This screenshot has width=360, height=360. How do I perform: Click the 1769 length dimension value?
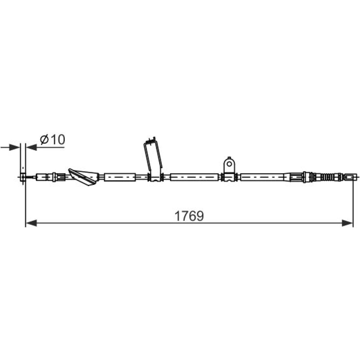(x=189, y=216)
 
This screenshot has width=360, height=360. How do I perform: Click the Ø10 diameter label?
(x=53, y=139)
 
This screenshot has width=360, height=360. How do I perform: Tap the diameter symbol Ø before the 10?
(x=44, y=140)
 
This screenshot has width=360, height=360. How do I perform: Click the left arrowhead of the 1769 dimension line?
(x=31, y=223)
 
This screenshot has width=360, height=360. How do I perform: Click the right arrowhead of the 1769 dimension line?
(x=347, y=223)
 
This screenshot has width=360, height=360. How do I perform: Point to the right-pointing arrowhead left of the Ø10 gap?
(x=14, y=147)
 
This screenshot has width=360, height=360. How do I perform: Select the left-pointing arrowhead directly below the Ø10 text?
(x=31, y=147)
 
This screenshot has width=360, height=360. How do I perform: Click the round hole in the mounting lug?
(x=229, y=164)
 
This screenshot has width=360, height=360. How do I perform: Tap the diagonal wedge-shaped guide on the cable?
(x=84, y=177)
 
